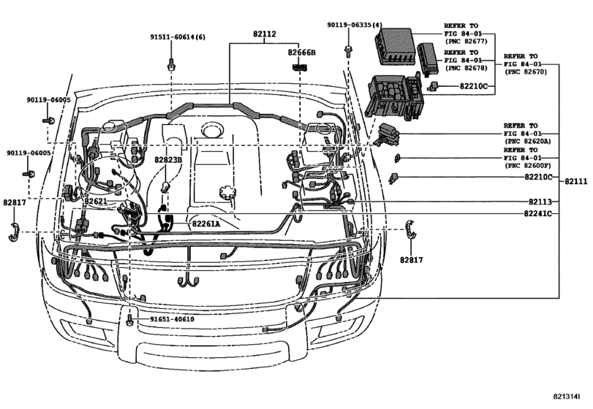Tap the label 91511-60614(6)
(178, 37)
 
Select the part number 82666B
(301, 53)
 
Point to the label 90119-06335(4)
(355, 26)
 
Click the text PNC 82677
(469, 42)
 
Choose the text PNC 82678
(469, 67)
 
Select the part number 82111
(576, 181)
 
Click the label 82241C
(537, 214)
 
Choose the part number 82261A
(205, 224)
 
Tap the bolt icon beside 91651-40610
(129, 320)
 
